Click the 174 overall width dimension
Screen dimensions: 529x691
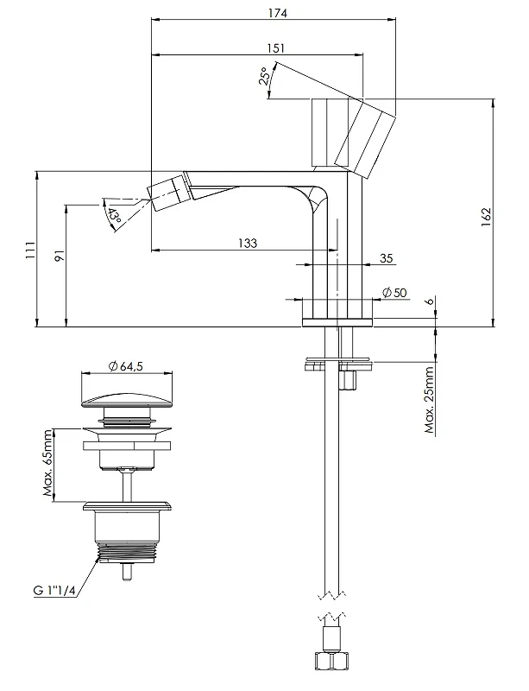[x=278, y=13]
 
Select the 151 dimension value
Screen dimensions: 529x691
[x=276, y=48]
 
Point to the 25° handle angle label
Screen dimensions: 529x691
[x=264, y=76]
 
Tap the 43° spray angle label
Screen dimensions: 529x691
[x=114, y=215]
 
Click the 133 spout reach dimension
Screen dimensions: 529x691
[x=248, y=243]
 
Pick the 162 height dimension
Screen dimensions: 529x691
[x=485, y=218]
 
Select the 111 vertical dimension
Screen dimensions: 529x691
[x=29, y=250]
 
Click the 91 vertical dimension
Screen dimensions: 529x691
[x=60, y=255]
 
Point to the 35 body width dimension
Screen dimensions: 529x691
[x=386, y=257]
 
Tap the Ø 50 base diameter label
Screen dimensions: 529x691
[x=394, y=293]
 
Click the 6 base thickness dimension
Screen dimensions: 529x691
[x=430, y=301]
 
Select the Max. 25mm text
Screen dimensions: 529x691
[x=430, y=400]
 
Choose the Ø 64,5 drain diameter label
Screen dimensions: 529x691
[x=126, y=365]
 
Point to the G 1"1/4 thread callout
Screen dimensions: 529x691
[x=54, y=590]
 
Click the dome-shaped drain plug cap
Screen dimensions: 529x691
[x=126, y=401]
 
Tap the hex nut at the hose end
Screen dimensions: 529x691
[x=331, y=662]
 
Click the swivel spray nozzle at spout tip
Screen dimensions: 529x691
[x=168, y=192]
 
